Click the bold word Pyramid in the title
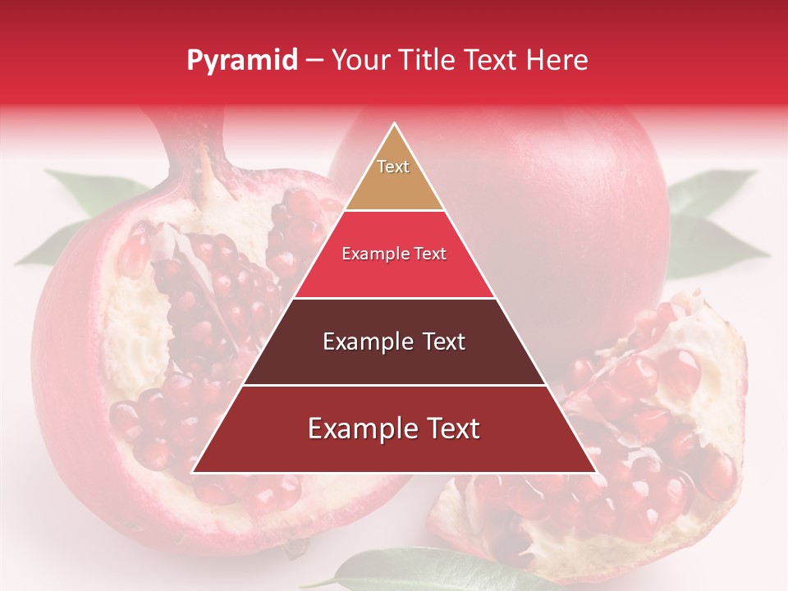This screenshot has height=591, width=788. coord(241,61)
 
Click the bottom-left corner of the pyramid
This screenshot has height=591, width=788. coord(194,472)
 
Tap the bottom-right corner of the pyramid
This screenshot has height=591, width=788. coord(595,472)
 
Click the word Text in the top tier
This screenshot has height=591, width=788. coord(393,167)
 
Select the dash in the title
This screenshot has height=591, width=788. coord(314,61)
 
